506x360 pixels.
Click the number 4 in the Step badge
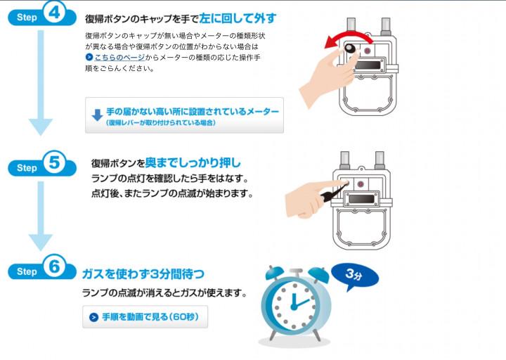54,13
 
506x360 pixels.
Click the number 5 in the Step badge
54,162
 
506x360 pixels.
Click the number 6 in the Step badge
54,266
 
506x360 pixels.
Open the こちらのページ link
119,58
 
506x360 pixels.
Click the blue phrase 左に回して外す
238,18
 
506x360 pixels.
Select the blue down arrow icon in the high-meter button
97,115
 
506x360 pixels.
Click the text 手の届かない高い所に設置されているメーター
193,112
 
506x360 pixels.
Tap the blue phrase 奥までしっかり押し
193,162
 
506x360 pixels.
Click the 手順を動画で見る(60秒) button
145,316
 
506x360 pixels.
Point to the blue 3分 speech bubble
356,276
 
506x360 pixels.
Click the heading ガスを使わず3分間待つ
143,274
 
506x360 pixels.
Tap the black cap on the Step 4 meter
350,49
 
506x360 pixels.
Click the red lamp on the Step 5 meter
361,184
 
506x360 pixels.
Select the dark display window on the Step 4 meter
368,65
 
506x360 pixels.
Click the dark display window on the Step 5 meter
361,199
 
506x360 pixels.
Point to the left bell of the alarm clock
274,273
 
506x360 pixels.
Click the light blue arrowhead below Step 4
41,127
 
